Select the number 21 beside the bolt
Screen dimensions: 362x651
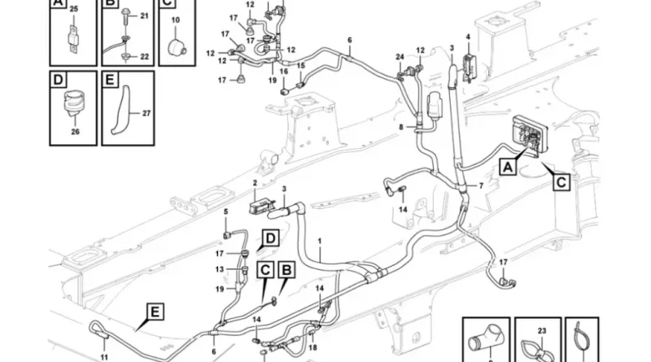tap(145, 16)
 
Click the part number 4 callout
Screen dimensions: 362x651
tap(468, 37)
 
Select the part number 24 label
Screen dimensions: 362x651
tap(400, 56)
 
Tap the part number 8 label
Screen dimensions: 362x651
tap(401, 128)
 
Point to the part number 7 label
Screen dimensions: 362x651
tap(480, 186)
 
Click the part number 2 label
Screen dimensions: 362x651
tap(254, 183)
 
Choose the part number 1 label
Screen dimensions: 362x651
tap(320, 242)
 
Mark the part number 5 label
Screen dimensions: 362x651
tap(226, 213)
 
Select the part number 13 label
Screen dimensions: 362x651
tap(220, 269)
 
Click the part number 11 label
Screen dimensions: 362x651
tap(103, 356)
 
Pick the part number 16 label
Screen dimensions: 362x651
tap(284, 72)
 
